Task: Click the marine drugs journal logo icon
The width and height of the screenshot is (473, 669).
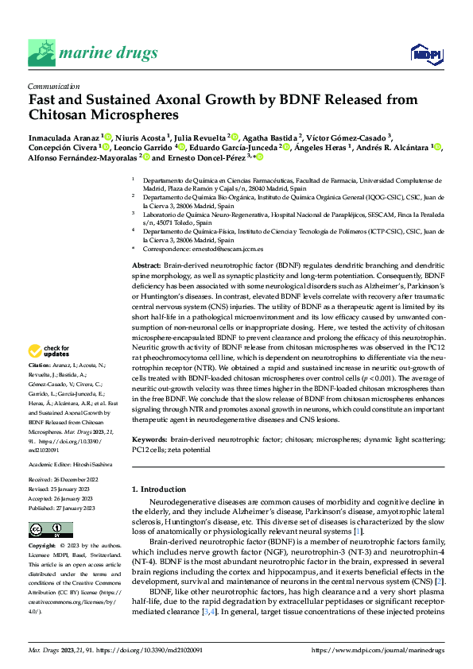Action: pos(41,52)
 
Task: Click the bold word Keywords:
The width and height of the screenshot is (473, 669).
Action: pos(149,438)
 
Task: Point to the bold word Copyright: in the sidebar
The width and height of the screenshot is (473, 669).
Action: pos(43,547)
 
